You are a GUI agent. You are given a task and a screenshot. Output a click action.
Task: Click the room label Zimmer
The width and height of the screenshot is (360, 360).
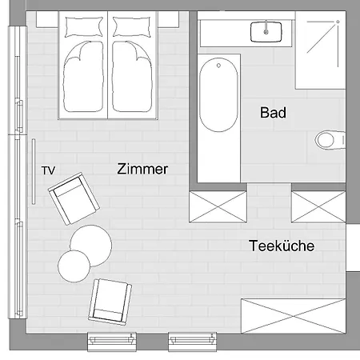coord(142,170)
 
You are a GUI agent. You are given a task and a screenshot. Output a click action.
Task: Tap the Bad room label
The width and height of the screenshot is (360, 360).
coord(273,113)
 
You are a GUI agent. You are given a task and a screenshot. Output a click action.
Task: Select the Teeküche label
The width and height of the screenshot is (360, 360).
coord(281,246)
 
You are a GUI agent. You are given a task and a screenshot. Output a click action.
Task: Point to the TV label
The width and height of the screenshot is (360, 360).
coord(48,170)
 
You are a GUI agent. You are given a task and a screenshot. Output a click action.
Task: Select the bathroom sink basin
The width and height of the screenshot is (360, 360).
coord(266,32)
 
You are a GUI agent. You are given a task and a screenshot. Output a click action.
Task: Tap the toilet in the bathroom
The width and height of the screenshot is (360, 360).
coord(327,140)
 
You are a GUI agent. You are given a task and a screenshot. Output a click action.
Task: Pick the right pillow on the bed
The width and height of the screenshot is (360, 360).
coord(130,26)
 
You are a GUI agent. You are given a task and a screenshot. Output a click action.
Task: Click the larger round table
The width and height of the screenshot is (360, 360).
coord(89,244)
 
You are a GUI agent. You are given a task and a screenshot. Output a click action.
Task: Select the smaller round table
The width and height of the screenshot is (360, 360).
coord(74,266)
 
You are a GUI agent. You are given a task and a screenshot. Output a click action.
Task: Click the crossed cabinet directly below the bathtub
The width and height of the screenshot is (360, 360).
coord(217,206)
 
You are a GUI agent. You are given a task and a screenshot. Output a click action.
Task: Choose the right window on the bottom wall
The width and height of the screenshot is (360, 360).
coord(192,342)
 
